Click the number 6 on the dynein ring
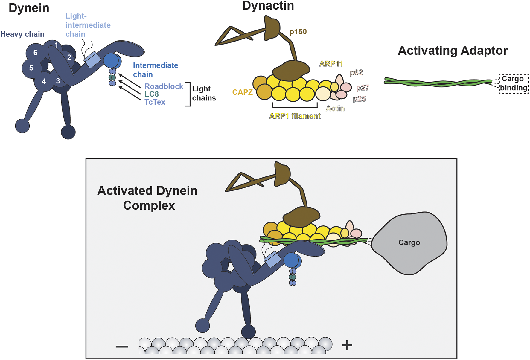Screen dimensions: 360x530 35,53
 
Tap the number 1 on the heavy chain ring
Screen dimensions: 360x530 56,45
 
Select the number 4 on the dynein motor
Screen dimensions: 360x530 44,81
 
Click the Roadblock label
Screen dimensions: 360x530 164,86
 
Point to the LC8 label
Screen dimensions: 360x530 151,94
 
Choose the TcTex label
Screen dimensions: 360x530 155,102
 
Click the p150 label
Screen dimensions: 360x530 298,32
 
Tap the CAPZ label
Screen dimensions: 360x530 242,92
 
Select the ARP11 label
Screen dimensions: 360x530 331,64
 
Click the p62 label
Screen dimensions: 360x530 356,73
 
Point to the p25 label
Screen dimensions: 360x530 359,99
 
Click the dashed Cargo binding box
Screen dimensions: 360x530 514,83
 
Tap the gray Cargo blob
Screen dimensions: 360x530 409,242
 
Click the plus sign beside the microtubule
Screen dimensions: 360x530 347,345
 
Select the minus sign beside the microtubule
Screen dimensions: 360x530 122,347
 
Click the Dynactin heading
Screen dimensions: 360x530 268,6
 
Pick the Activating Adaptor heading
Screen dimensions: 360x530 453,51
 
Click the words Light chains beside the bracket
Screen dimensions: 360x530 204,93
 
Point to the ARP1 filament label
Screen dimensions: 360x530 295,116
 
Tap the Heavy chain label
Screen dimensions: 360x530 22,34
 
